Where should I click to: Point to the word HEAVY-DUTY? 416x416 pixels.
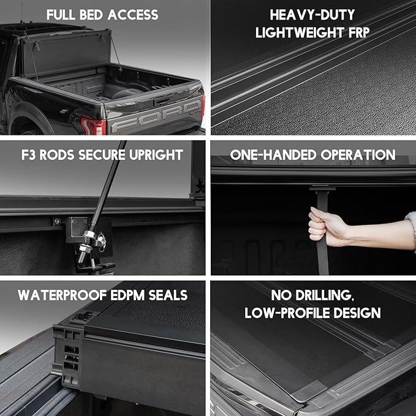pyautogui.click(x=313, y=14)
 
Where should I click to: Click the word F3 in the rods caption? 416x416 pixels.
pyautogui.click(x=27, y=155)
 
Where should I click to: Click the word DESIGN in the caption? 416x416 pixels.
pyautogui.click(x=357, y=313)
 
